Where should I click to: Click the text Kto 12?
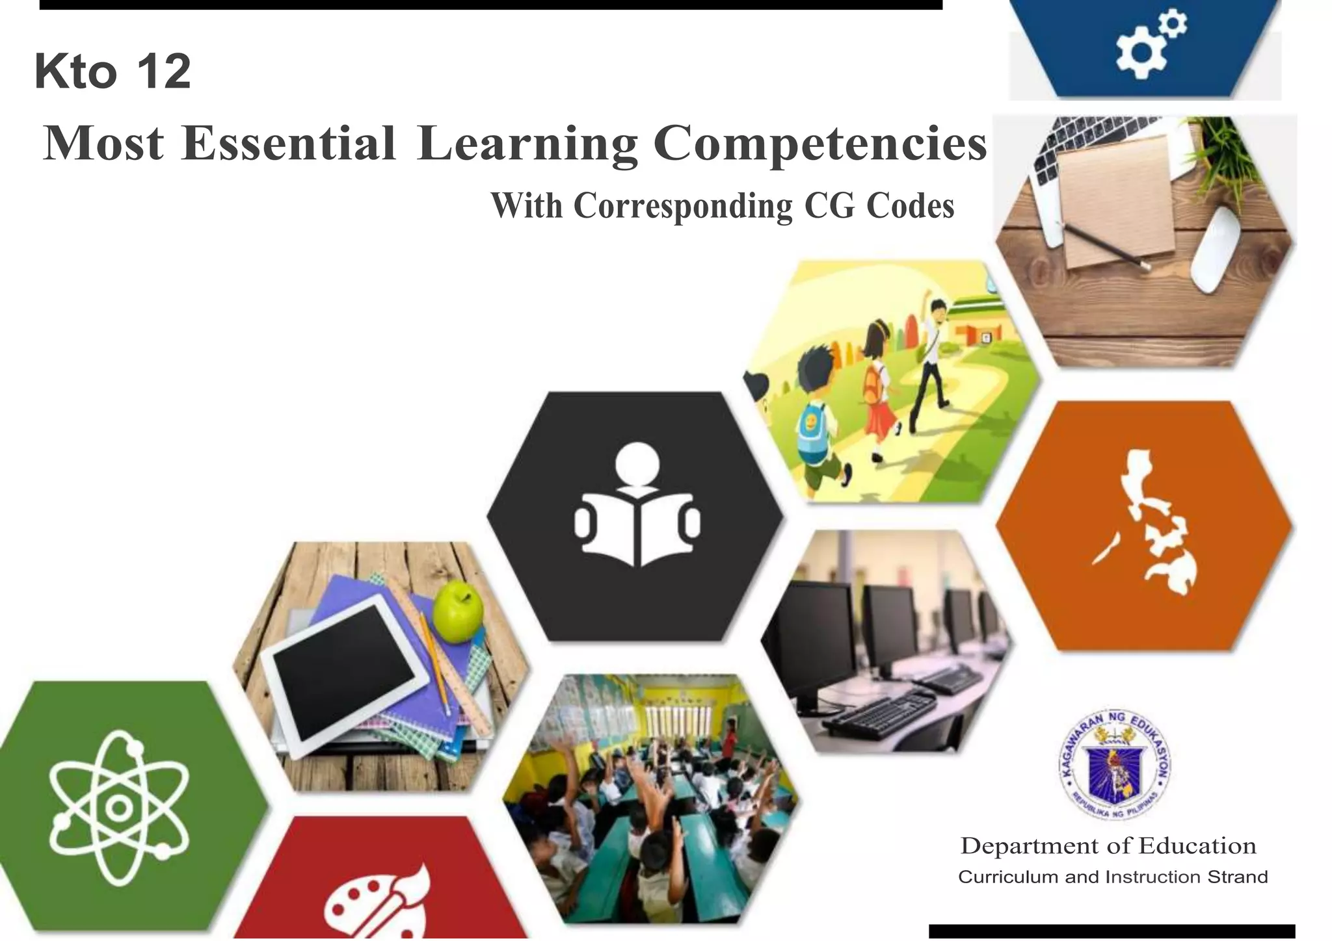click(113, 71)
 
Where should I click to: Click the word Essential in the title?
click(289, 143)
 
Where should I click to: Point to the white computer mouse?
click(1216, 250)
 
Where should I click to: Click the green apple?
click(458, 611)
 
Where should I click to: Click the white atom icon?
click(119, 808)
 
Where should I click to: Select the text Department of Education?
click(1108, 845)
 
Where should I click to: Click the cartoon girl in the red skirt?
click(878, 390)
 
